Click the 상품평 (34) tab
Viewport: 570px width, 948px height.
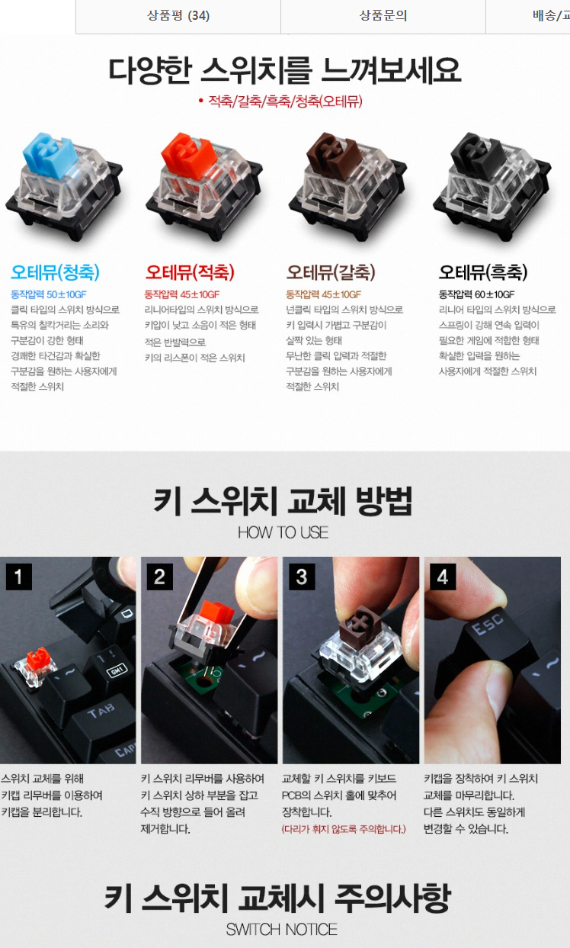pyautogui.click(x=178, y=16)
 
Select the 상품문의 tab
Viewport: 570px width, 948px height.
pyautogui.click(x=383, y=16)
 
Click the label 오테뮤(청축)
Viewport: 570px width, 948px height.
pyautogui.click(x=55, y=272)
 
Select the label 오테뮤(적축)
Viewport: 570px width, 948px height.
pyautogui.click(x=190, y=272)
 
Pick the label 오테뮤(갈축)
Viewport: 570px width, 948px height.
pyautogui.click(x=331, y=272)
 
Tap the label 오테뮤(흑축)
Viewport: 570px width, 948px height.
pyautogui.click(x=483, y=272)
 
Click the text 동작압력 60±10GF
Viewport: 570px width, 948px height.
pyautogui.click(x=476, y=294)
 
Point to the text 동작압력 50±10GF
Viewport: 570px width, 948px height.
pyautogui.click(x=49, y=294)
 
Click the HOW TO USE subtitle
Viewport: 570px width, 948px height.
pyautogui.click(x=283, y=532)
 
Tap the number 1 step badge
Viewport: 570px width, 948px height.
pyautogui.click(x=18, y=577)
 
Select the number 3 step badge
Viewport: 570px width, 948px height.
pyautogui.click(x=302, y=577)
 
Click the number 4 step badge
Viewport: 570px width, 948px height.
pyautogui.click(x=443, y=577)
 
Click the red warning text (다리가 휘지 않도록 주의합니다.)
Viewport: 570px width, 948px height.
pyautogui.click(x=344, y=829)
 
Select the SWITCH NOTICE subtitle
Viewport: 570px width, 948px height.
pyautogui.click(x=282, y=930)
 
